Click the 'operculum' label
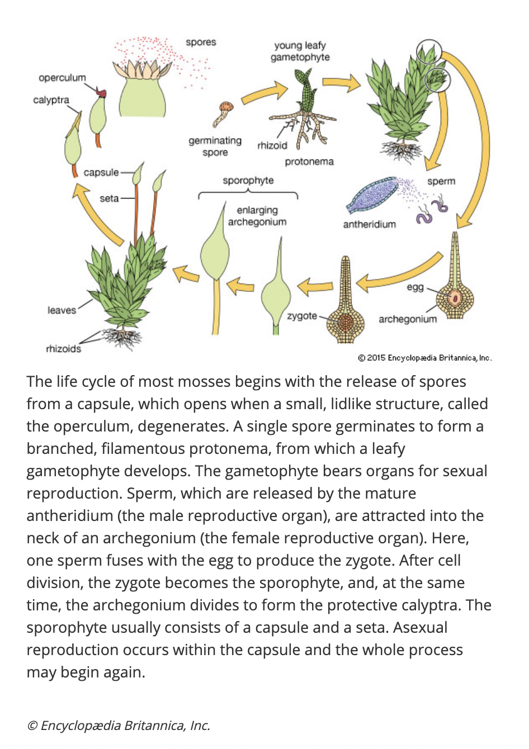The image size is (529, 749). [x=62, y=78]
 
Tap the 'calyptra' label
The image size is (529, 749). [x=51, y=100]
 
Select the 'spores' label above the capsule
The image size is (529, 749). [x=201, y=42]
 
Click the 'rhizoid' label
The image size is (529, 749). [x=272, y=145]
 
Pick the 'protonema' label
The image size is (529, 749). [x=309, y=162]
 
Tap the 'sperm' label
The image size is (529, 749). [x=441, y=181]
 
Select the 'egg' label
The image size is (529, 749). [x=415, y=287]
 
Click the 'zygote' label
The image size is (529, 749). [x=302, y=316]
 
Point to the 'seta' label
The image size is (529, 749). [x=109, y=198]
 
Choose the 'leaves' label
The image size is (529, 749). [x=62, y=310]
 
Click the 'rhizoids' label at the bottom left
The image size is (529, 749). [x=63, y=349]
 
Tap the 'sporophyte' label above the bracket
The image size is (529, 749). [x=248, y=181]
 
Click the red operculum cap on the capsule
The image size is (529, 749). [x=101, y=92]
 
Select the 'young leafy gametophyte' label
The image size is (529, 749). [x=300, y=51]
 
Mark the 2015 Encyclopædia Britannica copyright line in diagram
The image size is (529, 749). [x=424, y=358]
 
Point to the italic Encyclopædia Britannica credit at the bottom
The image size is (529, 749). [x=119, y=726]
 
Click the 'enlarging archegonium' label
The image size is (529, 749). [x=257, y=216]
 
